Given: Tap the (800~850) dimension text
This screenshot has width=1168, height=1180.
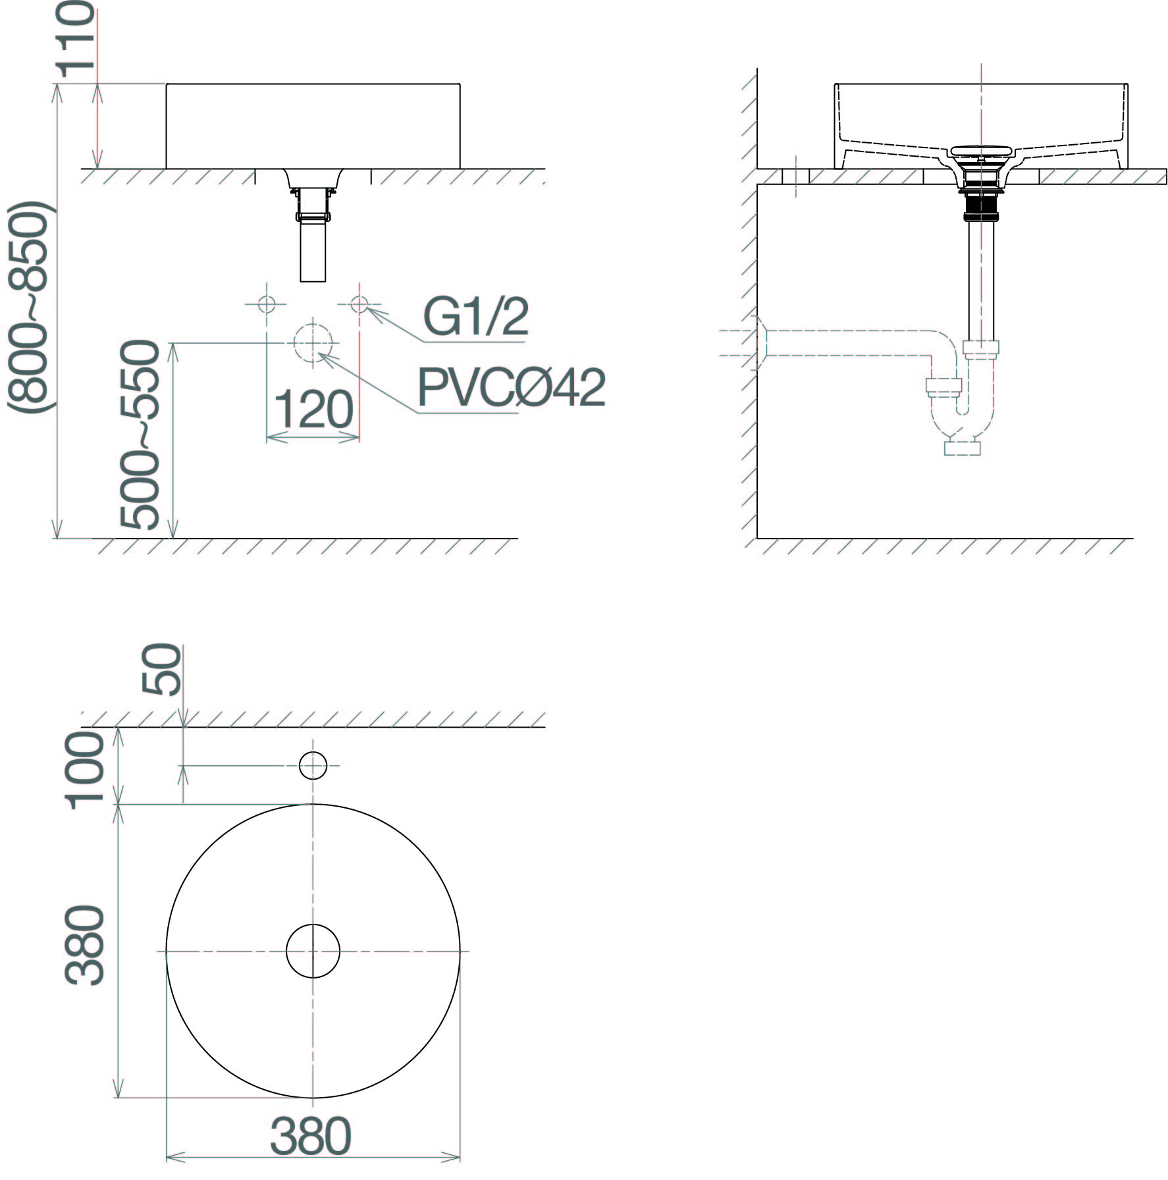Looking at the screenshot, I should point(28,308).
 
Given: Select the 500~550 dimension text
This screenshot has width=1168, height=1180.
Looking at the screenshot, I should point(140,435).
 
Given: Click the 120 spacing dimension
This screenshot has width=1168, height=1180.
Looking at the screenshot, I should point(313,410).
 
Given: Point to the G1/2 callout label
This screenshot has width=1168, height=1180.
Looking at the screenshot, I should point(475,317).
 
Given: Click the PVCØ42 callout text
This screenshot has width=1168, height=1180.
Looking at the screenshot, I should point(511,388).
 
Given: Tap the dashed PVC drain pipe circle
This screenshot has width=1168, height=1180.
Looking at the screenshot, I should point(314,343).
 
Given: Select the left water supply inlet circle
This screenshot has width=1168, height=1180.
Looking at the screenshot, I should point(267,304).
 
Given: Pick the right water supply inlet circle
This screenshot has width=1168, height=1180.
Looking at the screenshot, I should point(359,304).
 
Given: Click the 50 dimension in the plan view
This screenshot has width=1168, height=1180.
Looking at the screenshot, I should point(162,670).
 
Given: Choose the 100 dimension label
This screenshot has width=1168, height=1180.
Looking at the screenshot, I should point(86,768).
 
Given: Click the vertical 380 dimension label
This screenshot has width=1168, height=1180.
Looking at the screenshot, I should point(86,946).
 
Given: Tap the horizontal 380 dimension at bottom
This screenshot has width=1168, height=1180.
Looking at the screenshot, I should point(311,1136).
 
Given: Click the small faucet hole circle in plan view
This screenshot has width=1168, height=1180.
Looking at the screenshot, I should point(313,765).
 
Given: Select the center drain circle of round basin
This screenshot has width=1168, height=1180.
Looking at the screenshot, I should point(313,951).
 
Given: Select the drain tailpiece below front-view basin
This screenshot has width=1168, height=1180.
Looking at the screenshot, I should point(313,250).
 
